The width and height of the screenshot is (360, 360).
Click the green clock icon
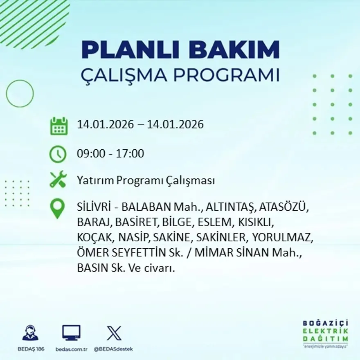click(x=58, y=154)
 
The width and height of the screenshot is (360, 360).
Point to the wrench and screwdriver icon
click(x=58, y=180)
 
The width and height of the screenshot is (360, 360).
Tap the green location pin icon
click(x=57, y=208)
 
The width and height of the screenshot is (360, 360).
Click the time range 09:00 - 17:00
click(x=110, y=154)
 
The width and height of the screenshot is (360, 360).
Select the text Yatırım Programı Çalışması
click(x=146, y=180)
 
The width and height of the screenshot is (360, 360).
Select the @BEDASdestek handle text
click(x=113, y=349)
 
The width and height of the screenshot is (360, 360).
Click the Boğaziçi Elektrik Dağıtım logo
click(x=325, y=333)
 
